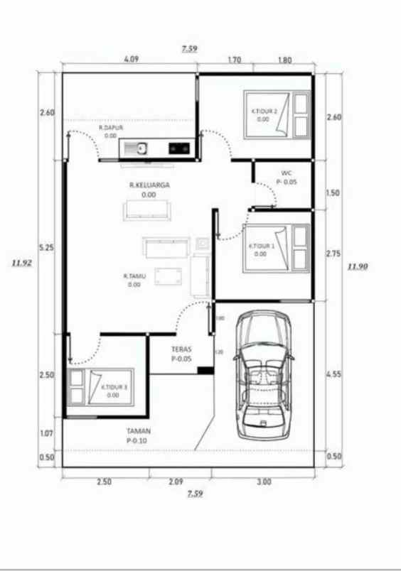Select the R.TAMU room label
tap(134, 276)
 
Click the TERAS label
tap(183, 349)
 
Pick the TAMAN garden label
tap(138, 431)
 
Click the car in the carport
tap(264, 373)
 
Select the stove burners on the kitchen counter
tap(178, 148)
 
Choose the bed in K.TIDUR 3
tap(100, 387)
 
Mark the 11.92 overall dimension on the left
tap(21, 261)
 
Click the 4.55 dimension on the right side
tap(333, 375)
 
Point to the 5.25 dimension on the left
tap(47, 247)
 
